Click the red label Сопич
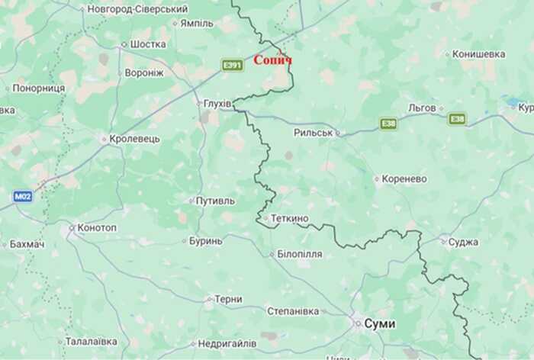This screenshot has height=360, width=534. (x=272, y=59)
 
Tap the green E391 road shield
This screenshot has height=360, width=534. (x=232, y=66)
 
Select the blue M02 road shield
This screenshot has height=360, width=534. (x=21, y=196)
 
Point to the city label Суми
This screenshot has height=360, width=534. (x=380, y=323)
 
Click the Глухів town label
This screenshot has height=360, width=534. (x=217, y=103)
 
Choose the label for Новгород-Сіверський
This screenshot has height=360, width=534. (x=137, y=9)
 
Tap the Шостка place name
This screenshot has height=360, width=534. (x=148, y=44)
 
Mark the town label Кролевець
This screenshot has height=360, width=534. (x=134, y=139)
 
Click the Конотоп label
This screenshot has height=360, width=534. (x=97, y=227)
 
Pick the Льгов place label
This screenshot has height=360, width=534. (x=421, y=108)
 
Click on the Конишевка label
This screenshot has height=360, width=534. (x=478, y=54)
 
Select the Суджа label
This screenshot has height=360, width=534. (x=463, y=242)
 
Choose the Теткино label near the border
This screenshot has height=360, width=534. (x=289, y=219)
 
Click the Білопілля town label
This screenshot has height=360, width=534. (x=299, y=254)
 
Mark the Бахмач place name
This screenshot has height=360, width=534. (x=27, y=244)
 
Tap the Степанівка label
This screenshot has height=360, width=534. (x=293, y=310)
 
